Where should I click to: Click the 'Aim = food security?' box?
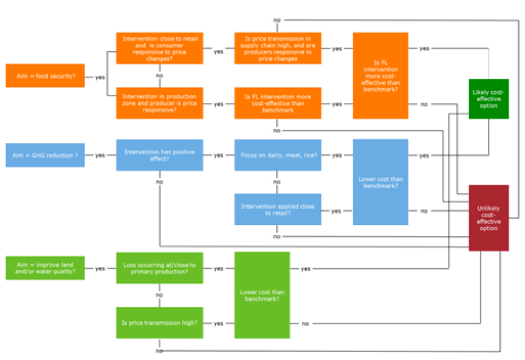[x=45, y=76]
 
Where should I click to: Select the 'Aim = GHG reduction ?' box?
[x=45, y=155]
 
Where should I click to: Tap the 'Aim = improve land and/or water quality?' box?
[x=45, y=268]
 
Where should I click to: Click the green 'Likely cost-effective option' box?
[x=489, y=98]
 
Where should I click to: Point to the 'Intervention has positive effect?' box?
[x=159, y=155]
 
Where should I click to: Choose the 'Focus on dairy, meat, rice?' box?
[x=277, y=155]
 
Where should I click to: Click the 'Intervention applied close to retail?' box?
[x=277, y=209]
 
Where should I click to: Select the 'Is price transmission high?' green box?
[x=159, y=322]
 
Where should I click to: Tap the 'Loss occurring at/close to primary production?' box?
[x=159, y=268]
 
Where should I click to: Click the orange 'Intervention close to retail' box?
[x=159, y=49]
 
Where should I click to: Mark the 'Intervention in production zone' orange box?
[x=159, y=103]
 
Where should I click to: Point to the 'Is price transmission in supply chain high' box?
[x=277, y=49]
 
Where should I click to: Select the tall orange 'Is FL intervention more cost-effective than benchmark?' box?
[x=380, y=75]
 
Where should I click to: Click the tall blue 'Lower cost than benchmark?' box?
[x=380, y=182]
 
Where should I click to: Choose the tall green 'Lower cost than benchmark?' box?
[x=262, y=295]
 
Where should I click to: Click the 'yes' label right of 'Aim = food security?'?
[x=100, y=77]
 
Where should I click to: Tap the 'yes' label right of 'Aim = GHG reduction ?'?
[x=100, y=156]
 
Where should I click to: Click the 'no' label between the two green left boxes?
[x=159, y=294]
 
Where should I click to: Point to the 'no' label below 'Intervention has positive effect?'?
[x=159, y=182]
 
